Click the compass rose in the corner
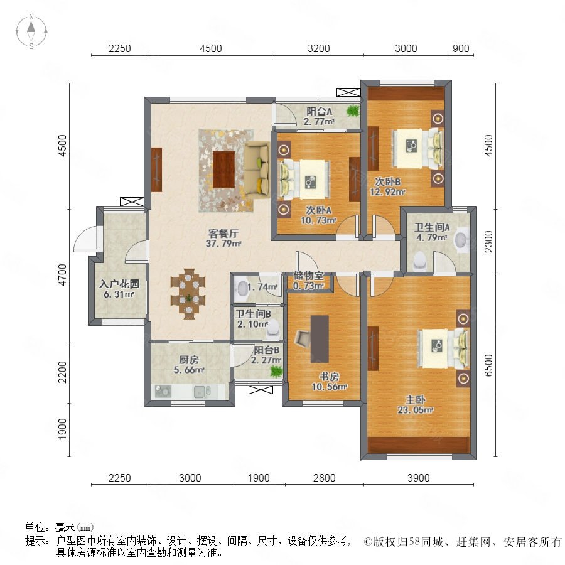click(x=31, y=31)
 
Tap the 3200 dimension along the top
click(x=318, y=48)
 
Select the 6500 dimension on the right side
click(x=488, y=365)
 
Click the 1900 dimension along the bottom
click(x=259, y=478)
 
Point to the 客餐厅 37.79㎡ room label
click(x=223, y=239)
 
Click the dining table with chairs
click(x=188, y=294)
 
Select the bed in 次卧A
click(x=305, y=180)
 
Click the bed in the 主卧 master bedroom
click(x=444, y=349)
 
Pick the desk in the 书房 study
click(x=320, y=340)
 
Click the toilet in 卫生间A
click(x=419, y=261)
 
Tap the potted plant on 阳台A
click(x=353, y=110)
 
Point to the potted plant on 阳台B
click(x=276, y=371)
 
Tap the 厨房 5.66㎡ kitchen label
click(x=189, y=365)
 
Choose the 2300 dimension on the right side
click(x=488, y=242)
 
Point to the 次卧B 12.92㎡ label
click(x=387, y=186)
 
